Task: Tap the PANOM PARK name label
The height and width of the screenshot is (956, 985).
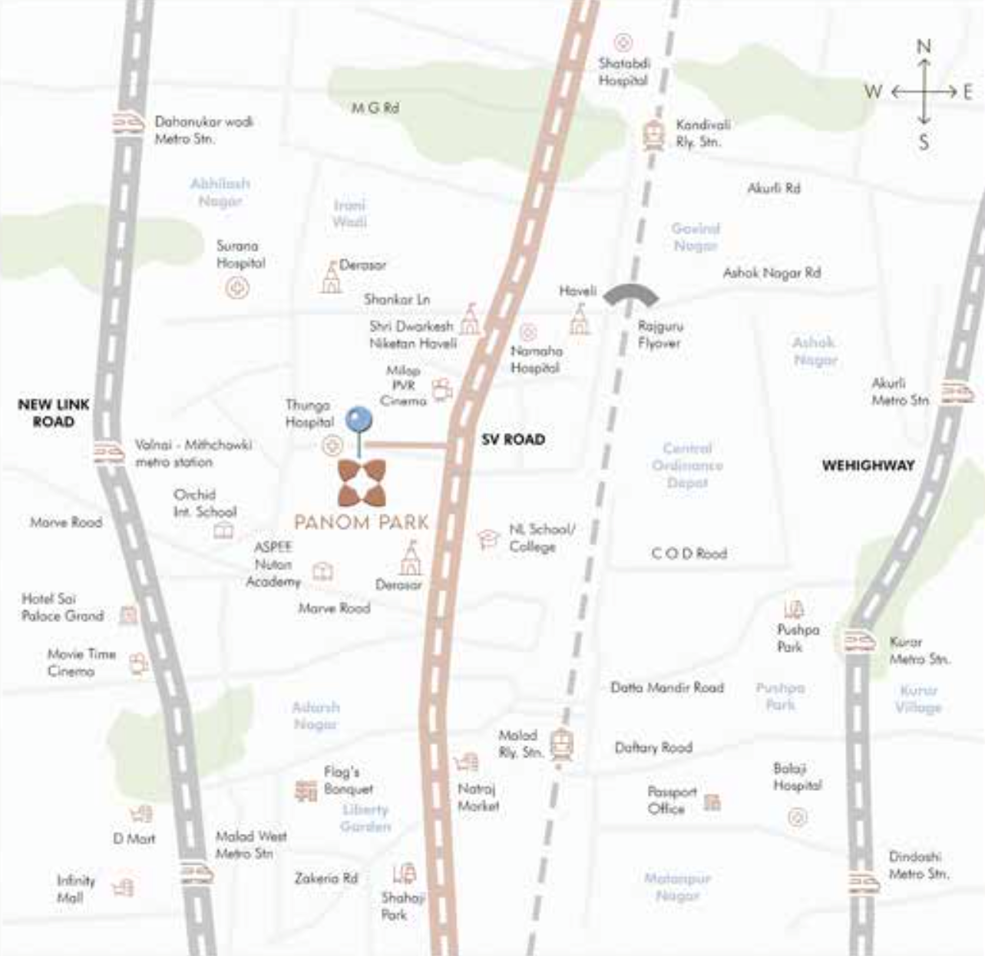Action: [x=362, y=522]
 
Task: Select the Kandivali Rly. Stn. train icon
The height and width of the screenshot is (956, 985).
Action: [x=653, y=135]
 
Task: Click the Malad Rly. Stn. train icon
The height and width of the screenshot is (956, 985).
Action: [x=562, y=745]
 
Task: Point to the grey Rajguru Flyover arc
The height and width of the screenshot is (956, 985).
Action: [x=631, y=295]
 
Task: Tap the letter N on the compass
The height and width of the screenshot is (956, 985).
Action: [x=924, y=47]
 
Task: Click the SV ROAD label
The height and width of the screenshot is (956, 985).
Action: [x=513, y=439]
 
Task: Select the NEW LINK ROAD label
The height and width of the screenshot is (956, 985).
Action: [x=54, y=412]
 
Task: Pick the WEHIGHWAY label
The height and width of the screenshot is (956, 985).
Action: [x=868, y=465]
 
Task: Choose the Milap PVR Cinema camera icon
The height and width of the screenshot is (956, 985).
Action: [x=441, y=390]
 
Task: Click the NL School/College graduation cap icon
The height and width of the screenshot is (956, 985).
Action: [x=488, y=539]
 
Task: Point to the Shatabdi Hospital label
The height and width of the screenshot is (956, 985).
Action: [x=623, y=71]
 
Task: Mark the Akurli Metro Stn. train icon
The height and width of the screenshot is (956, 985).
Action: [x=957, y=392]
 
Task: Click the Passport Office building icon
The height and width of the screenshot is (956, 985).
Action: [x=712, y=802]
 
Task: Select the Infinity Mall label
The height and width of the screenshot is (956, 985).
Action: [x=76, y=888]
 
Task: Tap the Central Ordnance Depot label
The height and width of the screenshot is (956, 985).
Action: [x=687, y=465]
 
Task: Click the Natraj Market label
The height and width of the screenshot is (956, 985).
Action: [x=478, y=797]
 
